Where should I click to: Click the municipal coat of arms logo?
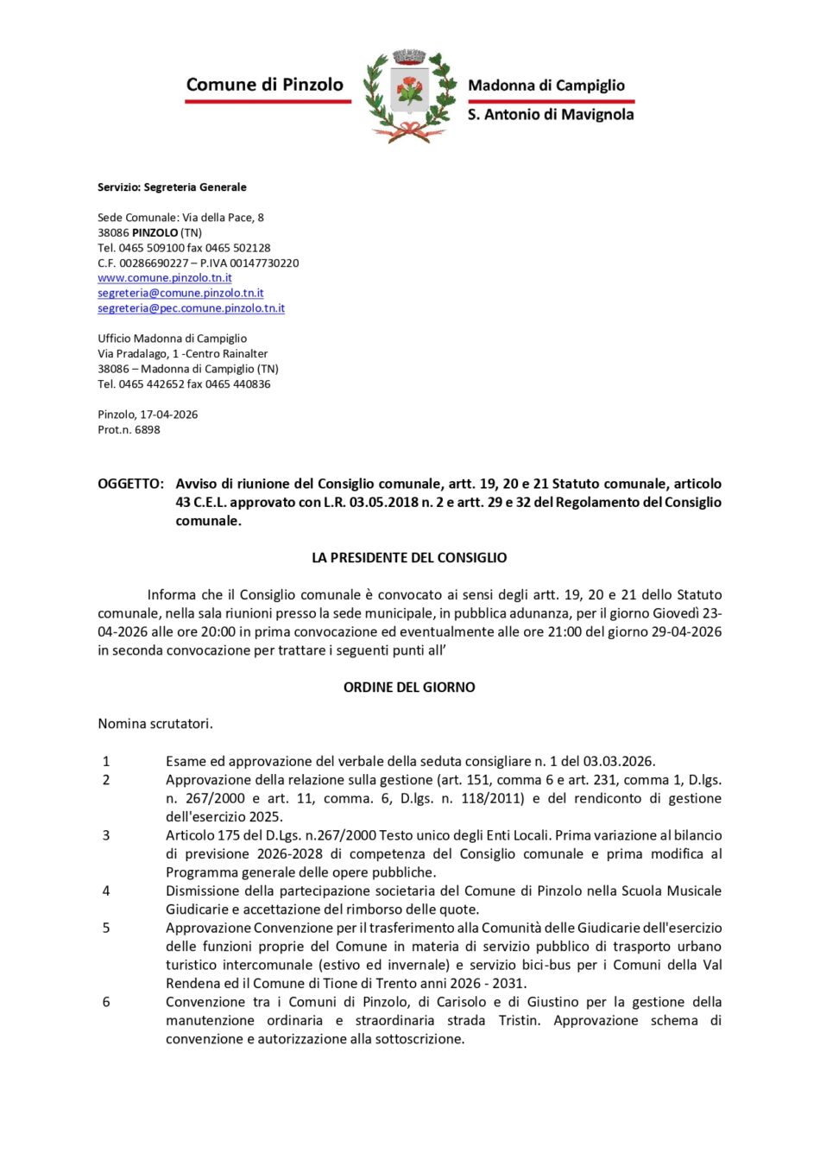[409, 95]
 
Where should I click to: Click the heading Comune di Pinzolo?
[264, 85]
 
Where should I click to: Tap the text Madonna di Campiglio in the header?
[546, 86]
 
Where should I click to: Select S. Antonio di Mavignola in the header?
[551, 114]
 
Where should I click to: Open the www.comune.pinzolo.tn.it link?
[165, 278]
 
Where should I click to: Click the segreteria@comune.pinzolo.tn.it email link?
[180, 294]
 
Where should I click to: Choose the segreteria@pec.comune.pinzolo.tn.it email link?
[191, 308]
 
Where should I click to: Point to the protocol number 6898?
[147, 430]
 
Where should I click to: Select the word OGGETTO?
[129, 484]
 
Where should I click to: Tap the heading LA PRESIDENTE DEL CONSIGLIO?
[409, 558]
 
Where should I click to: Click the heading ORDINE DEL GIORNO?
[409, 688]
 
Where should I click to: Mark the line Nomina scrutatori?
[155, 724]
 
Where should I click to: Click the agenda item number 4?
[106, 891]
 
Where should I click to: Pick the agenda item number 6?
[106, 1002]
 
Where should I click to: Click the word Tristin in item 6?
[519, 1021]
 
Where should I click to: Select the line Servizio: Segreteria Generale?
[172, 187]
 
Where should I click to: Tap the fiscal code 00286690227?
[154, 263]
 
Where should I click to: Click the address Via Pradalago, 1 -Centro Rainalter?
[182, 354]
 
